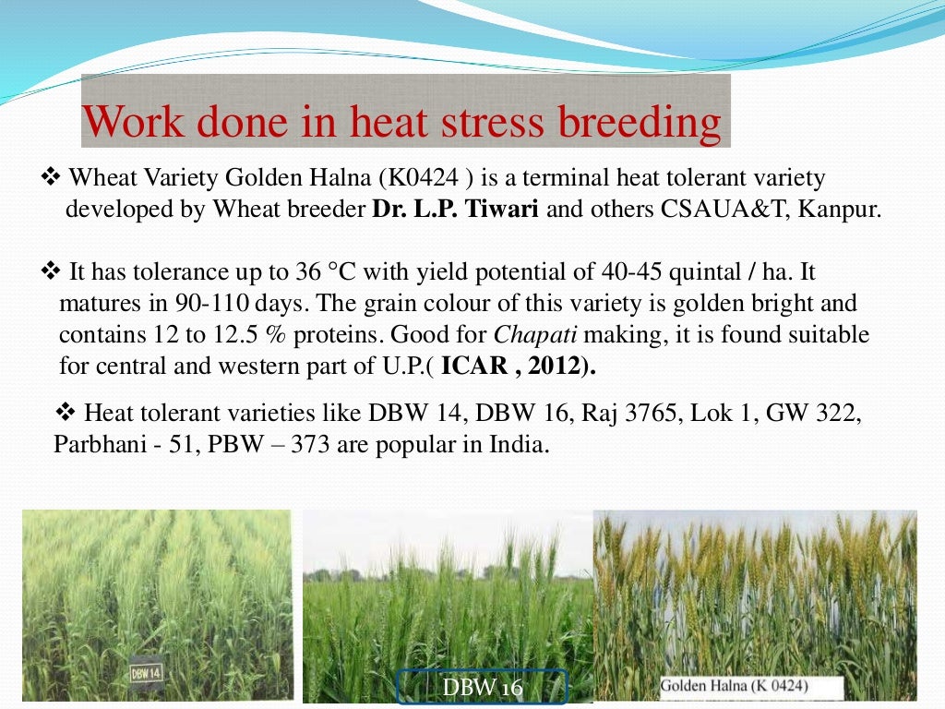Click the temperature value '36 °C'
pyautogui.click(x=341, y=272)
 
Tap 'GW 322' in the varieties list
pyautogui.click(x=809, y=412)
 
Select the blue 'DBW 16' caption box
pyautogui.click(x=482, y=688)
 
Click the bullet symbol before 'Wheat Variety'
pyautogui.click(x=51, y=176)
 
